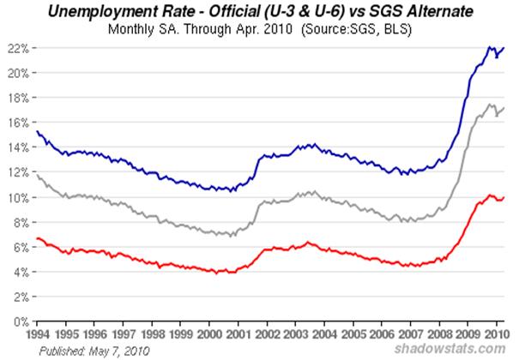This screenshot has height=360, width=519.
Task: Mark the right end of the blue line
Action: coord(504,49)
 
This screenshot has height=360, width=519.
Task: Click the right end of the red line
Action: coord(504,197)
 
